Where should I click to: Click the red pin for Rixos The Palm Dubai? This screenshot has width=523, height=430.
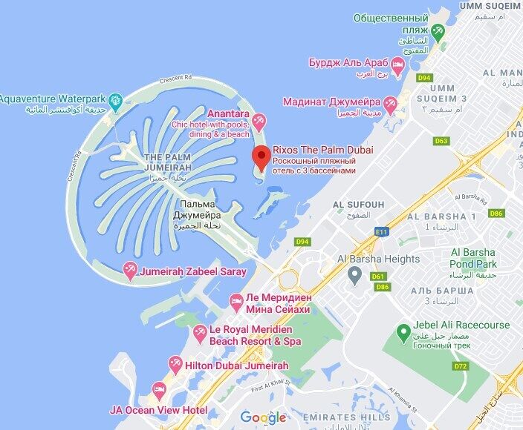click(x=260, y=157)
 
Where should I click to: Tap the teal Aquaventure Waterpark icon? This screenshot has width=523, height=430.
click(x=115, y=100)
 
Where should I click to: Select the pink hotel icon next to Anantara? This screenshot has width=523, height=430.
click(x=259, y=119)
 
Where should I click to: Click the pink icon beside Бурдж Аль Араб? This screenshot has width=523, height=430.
click(x=397, y=68)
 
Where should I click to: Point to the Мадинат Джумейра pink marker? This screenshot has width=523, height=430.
click(x=391, y=102)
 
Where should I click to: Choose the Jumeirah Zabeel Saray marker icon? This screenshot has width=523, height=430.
click(x=129, y=271)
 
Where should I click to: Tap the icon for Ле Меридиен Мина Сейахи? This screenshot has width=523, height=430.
click(x=235, y=300)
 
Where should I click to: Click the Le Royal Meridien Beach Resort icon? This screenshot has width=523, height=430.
click(x=199, y=334)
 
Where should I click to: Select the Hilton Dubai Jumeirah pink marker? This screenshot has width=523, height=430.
click(x=175, y=363)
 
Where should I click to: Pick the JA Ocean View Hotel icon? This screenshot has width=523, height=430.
click(x=159, y=390)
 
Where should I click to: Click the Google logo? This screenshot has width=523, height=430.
click(x=263, y=417)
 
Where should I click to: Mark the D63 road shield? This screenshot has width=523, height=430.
click(x=442, y=141)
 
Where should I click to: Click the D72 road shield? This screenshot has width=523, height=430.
click(x=461, y=366)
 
